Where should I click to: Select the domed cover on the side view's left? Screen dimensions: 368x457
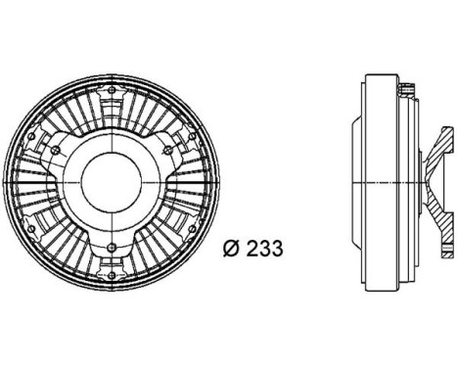[x=355, y=183]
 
